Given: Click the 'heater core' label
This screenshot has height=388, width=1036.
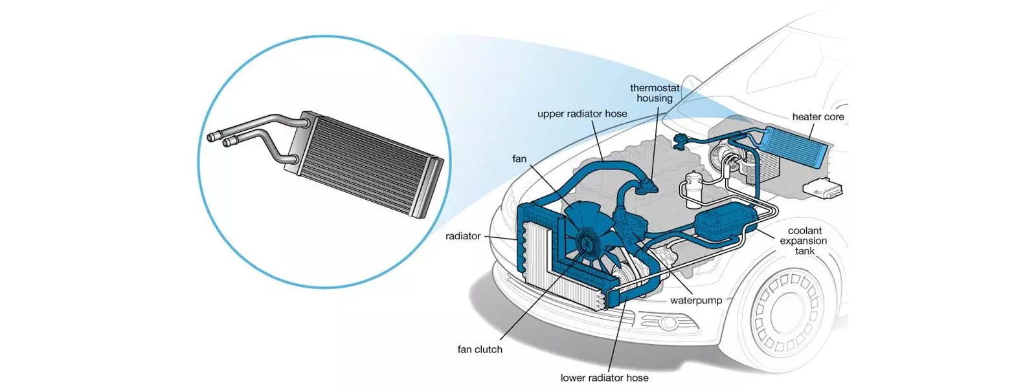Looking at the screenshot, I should click(818, 117).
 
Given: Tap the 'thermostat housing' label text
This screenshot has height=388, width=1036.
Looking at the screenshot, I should click(655, 93).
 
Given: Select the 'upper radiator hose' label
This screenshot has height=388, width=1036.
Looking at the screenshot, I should click(582, 114).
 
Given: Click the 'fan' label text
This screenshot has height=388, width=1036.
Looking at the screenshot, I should click(519, 159).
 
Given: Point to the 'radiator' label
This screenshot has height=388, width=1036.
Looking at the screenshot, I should click(463, 237).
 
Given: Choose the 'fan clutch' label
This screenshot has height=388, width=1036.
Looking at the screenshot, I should click(480, 350).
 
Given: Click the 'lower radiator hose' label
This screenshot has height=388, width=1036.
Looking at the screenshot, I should click(604, 378).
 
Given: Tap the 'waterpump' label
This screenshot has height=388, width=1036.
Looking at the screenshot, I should click(696, 301).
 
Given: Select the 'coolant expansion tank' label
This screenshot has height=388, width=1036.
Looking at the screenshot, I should click(804, 241).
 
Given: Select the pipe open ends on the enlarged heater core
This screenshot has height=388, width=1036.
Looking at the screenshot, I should click(217, 139).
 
